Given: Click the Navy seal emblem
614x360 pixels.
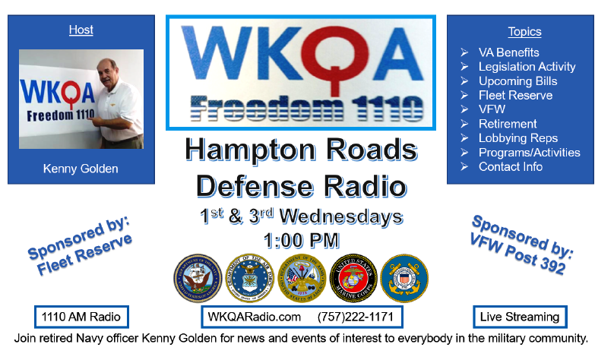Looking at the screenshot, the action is point(198,278).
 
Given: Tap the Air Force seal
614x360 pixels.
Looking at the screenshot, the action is point(250,278).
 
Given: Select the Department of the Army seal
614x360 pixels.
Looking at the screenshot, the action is point(302,278).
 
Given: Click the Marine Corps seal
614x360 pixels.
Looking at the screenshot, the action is point(353,278).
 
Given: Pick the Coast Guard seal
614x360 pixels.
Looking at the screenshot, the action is point(404,278).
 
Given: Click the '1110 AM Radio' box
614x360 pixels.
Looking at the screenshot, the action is point(81,317).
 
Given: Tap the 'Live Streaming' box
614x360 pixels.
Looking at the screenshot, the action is point(520,317).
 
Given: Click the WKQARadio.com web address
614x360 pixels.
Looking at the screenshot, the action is point(254,317).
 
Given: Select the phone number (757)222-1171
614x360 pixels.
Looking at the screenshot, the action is point(356,317).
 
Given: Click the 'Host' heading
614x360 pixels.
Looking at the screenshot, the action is point(81,30).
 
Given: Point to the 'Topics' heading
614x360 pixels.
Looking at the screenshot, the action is point(525,32).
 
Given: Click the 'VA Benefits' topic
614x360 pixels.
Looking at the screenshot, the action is point(508,52).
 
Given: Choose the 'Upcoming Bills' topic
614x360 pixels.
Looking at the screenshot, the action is point(517,81).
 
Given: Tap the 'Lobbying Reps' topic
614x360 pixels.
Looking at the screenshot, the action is point(518,138).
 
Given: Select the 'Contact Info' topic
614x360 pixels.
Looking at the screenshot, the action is point(511,166).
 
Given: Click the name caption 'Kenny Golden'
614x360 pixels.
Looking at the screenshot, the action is point(81,169).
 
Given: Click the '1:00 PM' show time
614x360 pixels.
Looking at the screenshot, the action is point(301,240).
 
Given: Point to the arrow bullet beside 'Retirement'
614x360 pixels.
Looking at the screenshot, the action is point(464,124).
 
